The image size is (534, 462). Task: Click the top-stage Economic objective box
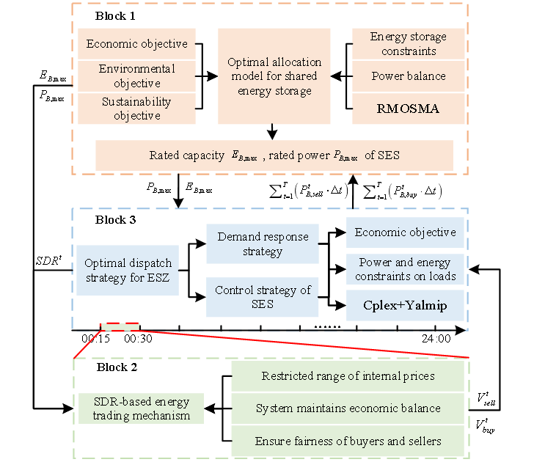(137, 44)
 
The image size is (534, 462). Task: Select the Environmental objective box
(137, 76)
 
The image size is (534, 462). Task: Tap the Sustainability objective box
(137, 109)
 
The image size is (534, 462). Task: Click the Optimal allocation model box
(274, 76)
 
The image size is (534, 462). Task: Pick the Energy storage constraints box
(409, 44)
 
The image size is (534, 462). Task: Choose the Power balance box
(409, 76)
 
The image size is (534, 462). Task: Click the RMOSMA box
(409, 109)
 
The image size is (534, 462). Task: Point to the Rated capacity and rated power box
(274, 155)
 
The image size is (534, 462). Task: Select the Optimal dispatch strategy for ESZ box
(128, 270)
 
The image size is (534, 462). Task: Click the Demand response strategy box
(262, 243)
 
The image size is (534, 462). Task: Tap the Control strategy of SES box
(262, 297)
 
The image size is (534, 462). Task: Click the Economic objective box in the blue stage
(406, 232)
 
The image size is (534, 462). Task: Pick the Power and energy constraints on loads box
(406, 269)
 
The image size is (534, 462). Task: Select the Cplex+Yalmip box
(406, 306)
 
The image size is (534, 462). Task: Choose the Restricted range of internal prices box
(348, 376)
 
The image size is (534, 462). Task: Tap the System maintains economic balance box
(348, 408)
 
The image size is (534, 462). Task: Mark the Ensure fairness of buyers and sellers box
(348, 441)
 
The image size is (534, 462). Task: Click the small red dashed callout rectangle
(120, 326)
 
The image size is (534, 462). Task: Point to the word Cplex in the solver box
(381, 306)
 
